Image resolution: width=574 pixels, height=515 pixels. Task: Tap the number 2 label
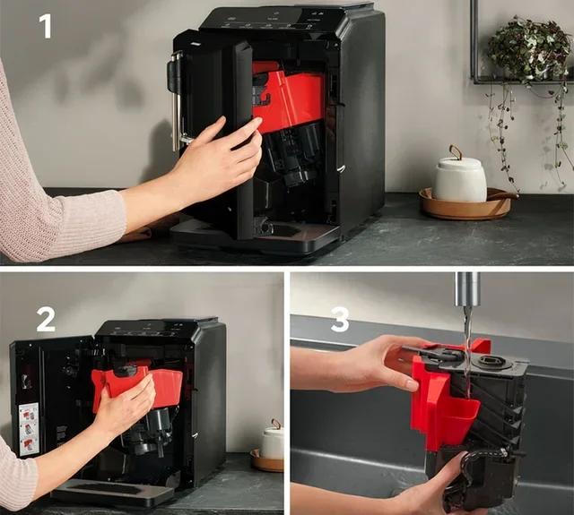(46, 317)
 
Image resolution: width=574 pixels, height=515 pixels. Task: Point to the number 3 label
(339, 319)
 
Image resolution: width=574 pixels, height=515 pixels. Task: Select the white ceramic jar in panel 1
(459, 179)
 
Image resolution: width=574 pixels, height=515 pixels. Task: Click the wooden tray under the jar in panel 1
(466, 205)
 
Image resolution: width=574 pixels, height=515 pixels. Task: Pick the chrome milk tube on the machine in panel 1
(174, 99)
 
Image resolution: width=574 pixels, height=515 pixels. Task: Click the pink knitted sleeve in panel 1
(54, 197)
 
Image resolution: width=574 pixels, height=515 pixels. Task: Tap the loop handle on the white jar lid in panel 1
(456, 152)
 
